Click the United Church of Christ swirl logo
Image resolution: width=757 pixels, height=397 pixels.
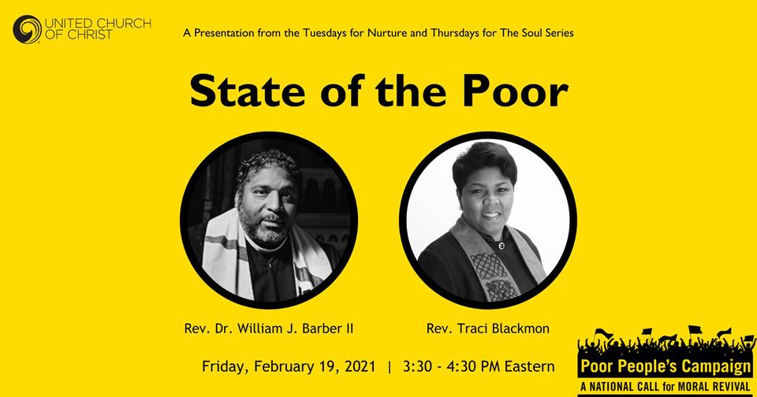point(28,29)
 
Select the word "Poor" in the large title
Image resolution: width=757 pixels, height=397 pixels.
point(515,91)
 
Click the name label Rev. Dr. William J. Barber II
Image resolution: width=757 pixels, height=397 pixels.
point(269,329)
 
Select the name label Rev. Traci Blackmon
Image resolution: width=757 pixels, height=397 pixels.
point(487,329)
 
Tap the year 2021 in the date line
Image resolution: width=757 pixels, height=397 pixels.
point(360,366)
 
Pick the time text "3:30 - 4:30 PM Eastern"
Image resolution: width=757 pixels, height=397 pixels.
point(479,366)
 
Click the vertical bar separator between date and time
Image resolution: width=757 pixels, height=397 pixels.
point(390,367)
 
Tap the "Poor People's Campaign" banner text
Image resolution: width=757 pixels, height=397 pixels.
point(666,366)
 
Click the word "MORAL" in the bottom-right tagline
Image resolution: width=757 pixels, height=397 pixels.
point(692,387)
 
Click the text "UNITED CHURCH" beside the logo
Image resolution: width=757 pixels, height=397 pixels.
point(98,23)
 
